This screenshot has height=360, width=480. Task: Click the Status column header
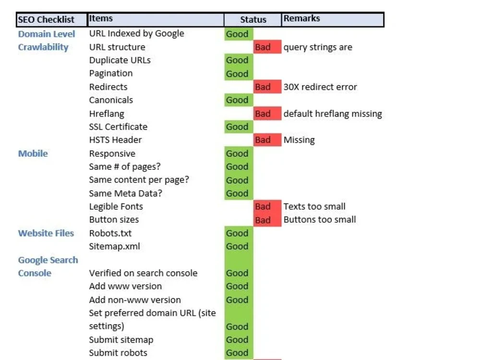tap(253, 20)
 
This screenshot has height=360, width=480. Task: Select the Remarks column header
tap(333, 20)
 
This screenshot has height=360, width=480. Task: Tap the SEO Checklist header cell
tap(51, 20)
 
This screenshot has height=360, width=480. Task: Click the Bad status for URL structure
tap(267, 47)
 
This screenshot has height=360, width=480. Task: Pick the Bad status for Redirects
tap(267, 87)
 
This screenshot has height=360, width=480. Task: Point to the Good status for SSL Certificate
tap(239, 127)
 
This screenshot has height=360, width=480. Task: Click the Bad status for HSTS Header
tap(267, 140)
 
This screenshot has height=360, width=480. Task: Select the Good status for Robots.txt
tap(239, 233)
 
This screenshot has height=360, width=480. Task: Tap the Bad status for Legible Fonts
tap(267, 206)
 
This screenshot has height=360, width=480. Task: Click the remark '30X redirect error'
tap(320, 87)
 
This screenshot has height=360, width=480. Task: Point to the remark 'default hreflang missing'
tap(333, 114)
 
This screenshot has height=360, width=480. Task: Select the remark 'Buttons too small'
tap(320, 219)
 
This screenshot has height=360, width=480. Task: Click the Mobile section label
tap(33, 154)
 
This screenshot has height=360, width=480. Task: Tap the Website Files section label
tap(46, 233)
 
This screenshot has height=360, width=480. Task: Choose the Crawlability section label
tap(43, 47)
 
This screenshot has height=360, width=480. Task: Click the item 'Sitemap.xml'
tap(115, 246)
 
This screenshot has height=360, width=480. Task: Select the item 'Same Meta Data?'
tap(125, 193)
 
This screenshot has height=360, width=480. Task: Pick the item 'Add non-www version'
tap(135, 300)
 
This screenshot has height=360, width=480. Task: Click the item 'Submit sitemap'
tap(121, 340)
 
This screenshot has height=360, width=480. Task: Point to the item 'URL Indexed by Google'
tap(137, 34)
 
